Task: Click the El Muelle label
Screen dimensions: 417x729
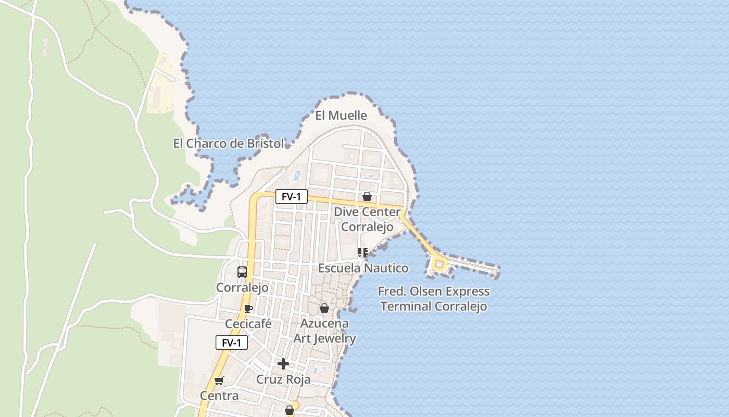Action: [x=341, y=115]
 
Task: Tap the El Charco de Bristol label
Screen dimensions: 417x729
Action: [x=229, y=143]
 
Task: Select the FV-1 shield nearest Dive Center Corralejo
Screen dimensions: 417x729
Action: [x=292, y=197]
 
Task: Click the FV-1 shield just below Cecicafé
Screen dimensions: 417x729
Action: [x=232, y=342]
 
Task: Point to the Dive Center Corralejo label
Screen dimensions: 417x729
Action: [x=367, y=219]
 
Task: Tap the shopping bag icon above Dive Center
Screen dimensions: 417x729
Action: [x=367, y=197]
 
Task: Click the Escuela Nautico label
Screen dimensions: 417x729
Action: [x=363, y=268]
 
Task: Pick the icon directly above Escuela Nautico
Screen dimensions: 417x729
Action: [x=363, y=253]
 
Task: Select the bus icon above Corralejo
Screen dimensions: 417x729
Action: [x=242, y=272]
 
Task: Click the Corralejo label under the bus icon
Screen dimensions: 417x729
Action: [x=242, y=288]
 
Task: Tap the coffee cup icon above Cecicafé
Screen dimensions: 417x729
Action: [x=248, y=308]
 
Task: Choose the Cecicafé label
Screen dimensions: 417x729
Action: [x=248, y=324]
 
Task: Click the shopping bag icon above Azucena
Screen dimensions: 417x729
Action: [x=324, y=308]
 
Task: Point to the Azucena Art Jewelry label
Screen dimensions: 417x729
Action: [x=324, y=331]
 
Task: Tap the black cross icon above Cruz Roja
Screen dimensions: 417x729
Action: [x=283, y=363]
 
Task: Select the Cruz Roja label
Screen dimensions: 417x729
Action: [x=283, y=379]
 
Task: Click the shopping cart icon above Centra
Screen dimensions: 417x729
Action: [x=219, y=381]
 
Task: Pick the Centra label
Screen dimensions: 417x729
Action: [x=219, y=396]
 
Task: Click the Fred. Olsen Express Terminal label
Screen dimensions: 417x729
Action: [x=434, y=299]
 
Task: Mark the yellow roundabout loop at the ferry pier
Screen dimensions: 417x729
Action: [x=439, y=265]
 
